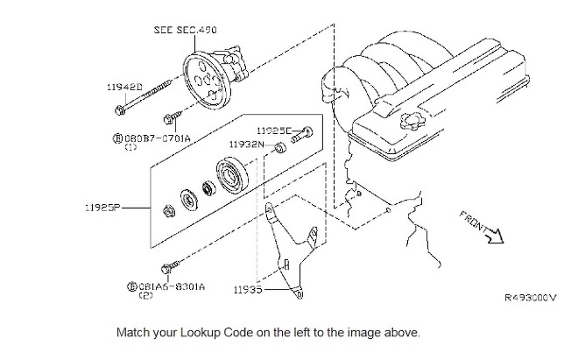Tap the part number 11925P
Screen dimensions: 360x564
(x=103, y=208)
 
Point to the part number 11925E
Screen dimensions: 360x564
(x=274, y=131)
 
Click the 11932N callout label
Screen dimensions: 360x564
(x=246, y=145)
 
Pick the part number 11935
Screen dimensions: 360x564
(x=250, y=288)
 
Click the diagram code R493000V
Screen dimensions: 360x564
(x=530, y=297)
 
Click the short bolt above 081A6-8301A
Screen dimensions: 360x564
(x=175, y=262)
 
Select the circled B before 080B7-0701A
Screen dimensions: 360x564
(x=118, y=138)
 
